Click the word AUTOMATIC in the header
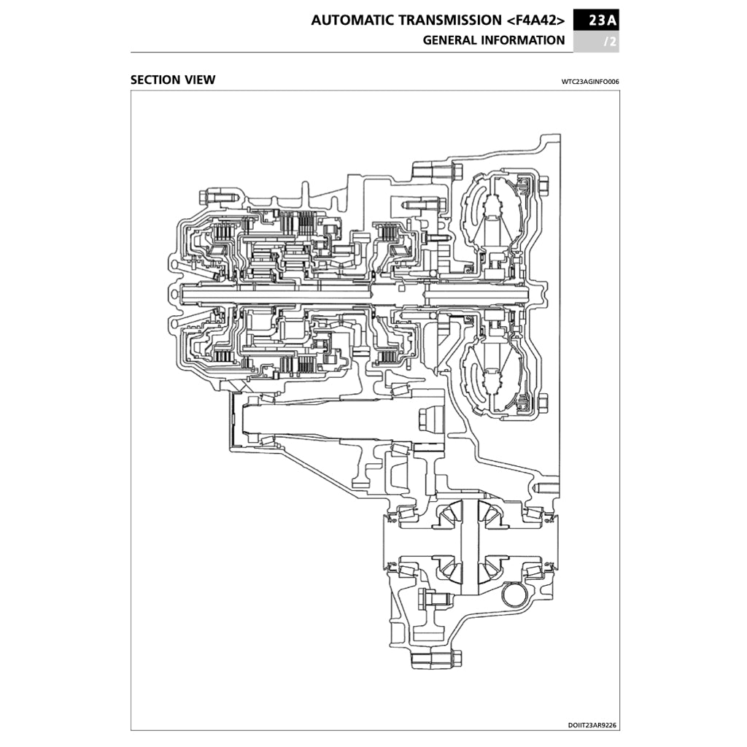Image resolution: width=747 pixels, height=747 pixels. coord(352,20)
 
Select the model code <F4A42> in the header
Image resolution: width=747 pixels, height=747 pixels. coord(535,20)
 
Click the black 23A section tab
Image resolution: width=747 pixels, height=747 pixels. coord(596,20)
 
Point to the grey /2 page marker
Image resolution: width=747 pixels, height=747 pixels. coord(610,42)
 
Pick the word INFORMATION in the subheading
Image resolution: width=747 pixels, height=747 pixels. coord(522,40)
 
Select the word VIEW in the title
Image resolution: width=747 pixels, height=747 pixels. coord(201,80)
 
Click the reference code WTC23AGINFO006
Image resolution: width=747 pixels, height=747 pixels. coord(590,82)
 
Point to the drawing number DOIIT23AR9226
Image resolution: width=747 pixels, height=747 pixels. coord(592,725)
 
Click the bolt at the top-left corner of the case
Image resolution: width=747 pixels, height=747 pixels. coord(212,196)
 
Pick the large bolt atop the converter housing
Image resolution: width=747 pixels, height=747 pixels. coord(435,172)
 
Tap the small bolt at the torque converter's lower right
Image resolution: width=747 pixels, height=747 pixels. coord(541,402)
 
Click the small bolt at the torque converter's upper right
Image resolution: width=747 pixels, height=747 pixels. coord(541,186)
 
